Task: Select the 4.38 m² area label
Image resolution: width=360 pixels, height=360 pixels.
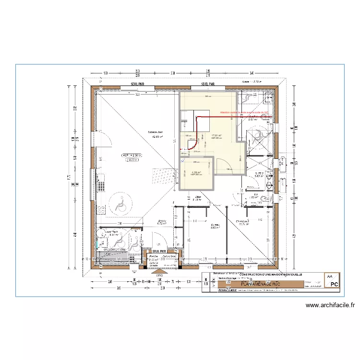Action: point(196,172)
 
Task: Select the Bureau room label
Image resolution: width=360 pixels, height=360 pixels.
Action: point(215,225)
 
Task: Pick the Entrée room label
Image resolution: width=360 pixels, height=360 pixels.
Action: point(162,221)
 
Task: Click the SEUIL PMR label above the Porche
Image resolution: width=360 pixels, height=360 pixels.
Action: point(159,251)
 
